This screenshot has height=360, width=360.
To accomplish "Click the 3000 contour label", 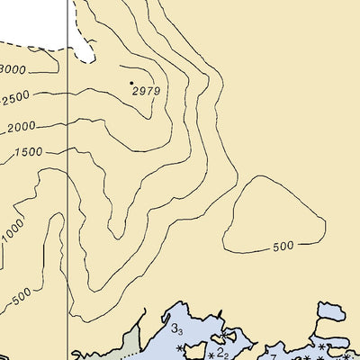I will tap(12, 70).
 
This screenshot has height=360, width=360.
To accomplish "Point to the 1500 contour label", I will tap(27, 152).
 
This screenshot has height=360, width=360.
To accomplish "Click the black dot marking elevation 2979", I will tap(131, 83).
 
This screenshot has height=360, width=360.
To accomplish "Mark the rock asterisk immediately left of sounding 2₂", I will tap(211, 352).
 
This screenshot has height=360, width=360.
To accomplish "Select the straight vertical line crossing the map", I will tap(68, 180).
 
